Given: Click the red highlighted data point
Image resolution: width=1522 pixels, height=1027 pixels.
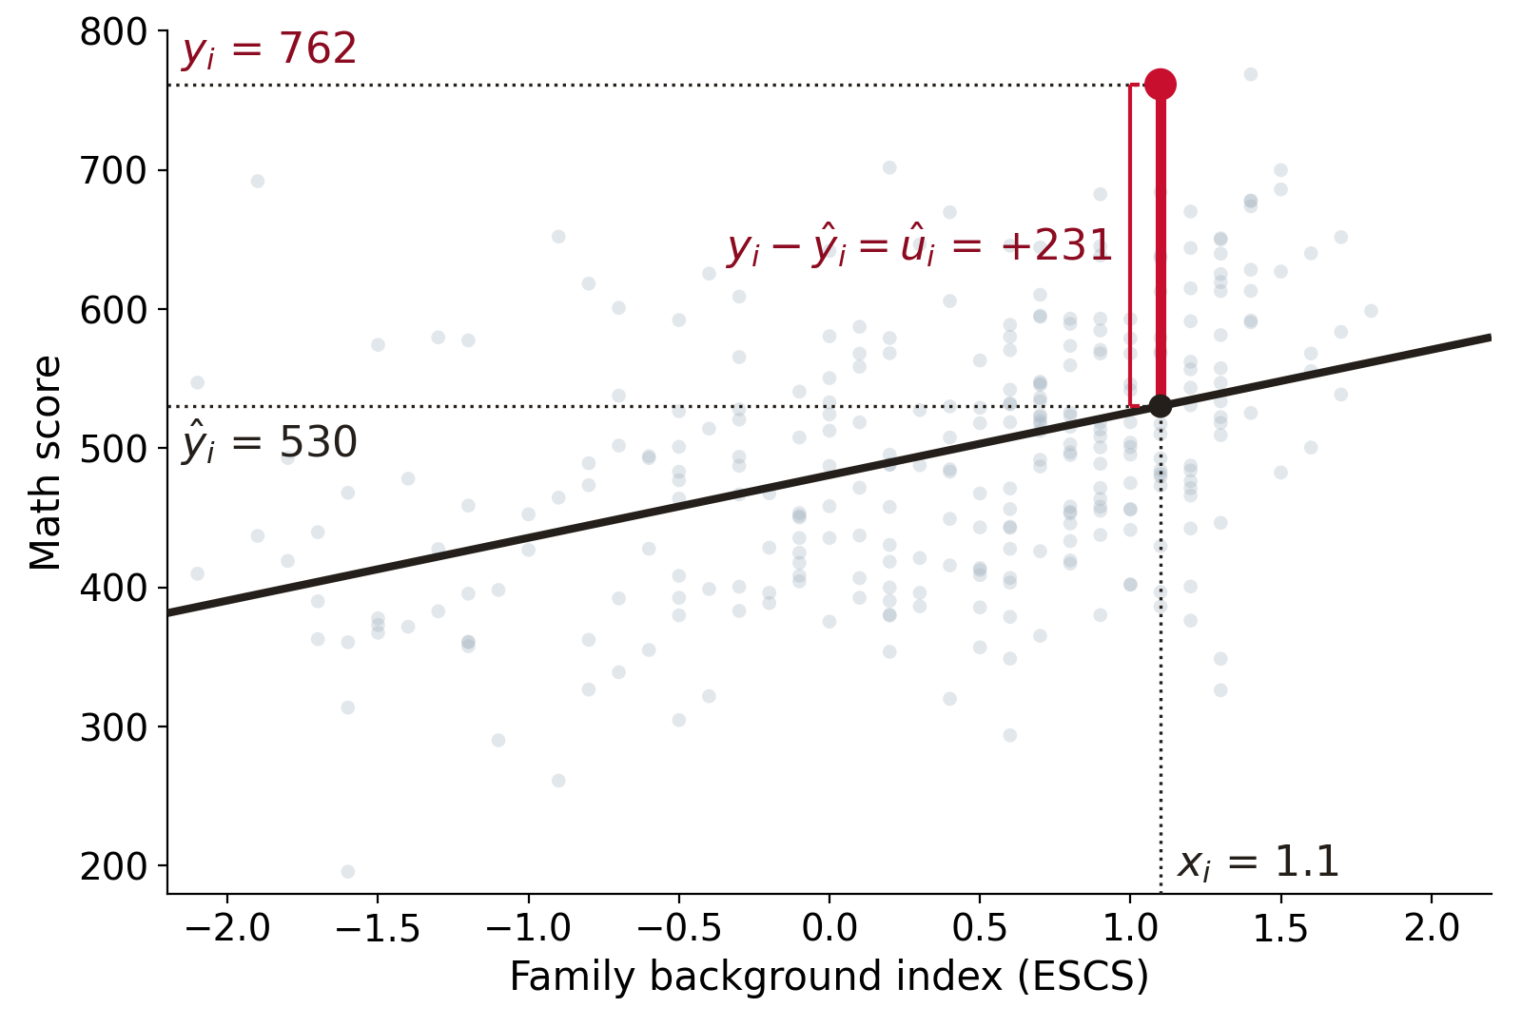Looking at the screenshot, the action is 1161,85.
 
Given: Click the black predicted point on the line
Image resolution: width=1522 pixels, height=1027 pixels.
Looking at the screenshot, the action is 1161,406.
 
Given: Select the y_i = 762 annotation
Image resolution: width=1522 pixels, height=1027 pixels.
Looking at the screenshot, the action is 269,50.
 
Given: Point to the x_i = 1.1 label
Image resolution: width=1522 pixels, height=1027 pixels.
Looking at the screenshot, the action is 1258,862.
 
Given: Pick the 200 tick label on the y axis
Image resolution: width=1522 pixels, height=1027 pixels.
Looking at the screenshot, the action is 113,866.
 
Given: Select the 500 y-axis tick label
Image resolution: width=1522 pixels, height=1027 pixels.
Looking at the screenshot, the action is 113,449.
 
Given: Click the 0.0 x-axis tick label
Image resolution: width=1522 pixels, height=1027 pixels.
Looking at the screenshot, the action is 829,927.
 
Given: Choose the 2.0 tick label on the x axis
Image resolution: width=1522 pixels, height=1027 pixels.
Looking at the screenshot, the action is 1432,927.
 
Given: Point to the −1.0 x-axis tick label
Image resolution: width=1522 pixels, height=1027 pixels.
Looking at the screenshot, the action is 529,927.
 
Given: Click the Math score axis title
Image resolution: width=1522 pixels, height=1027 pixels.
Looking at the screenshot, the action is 46,462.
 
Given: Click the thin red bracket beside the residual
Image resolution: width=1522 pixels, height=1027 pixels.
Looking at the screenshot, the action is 1131,246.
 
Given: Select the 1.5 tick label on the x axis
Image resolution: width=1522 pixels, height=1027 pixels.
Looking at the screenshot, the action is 1280,927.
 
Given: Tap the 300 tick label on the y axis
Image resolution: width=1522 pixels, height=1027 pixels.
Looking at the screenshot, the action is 113,727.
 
